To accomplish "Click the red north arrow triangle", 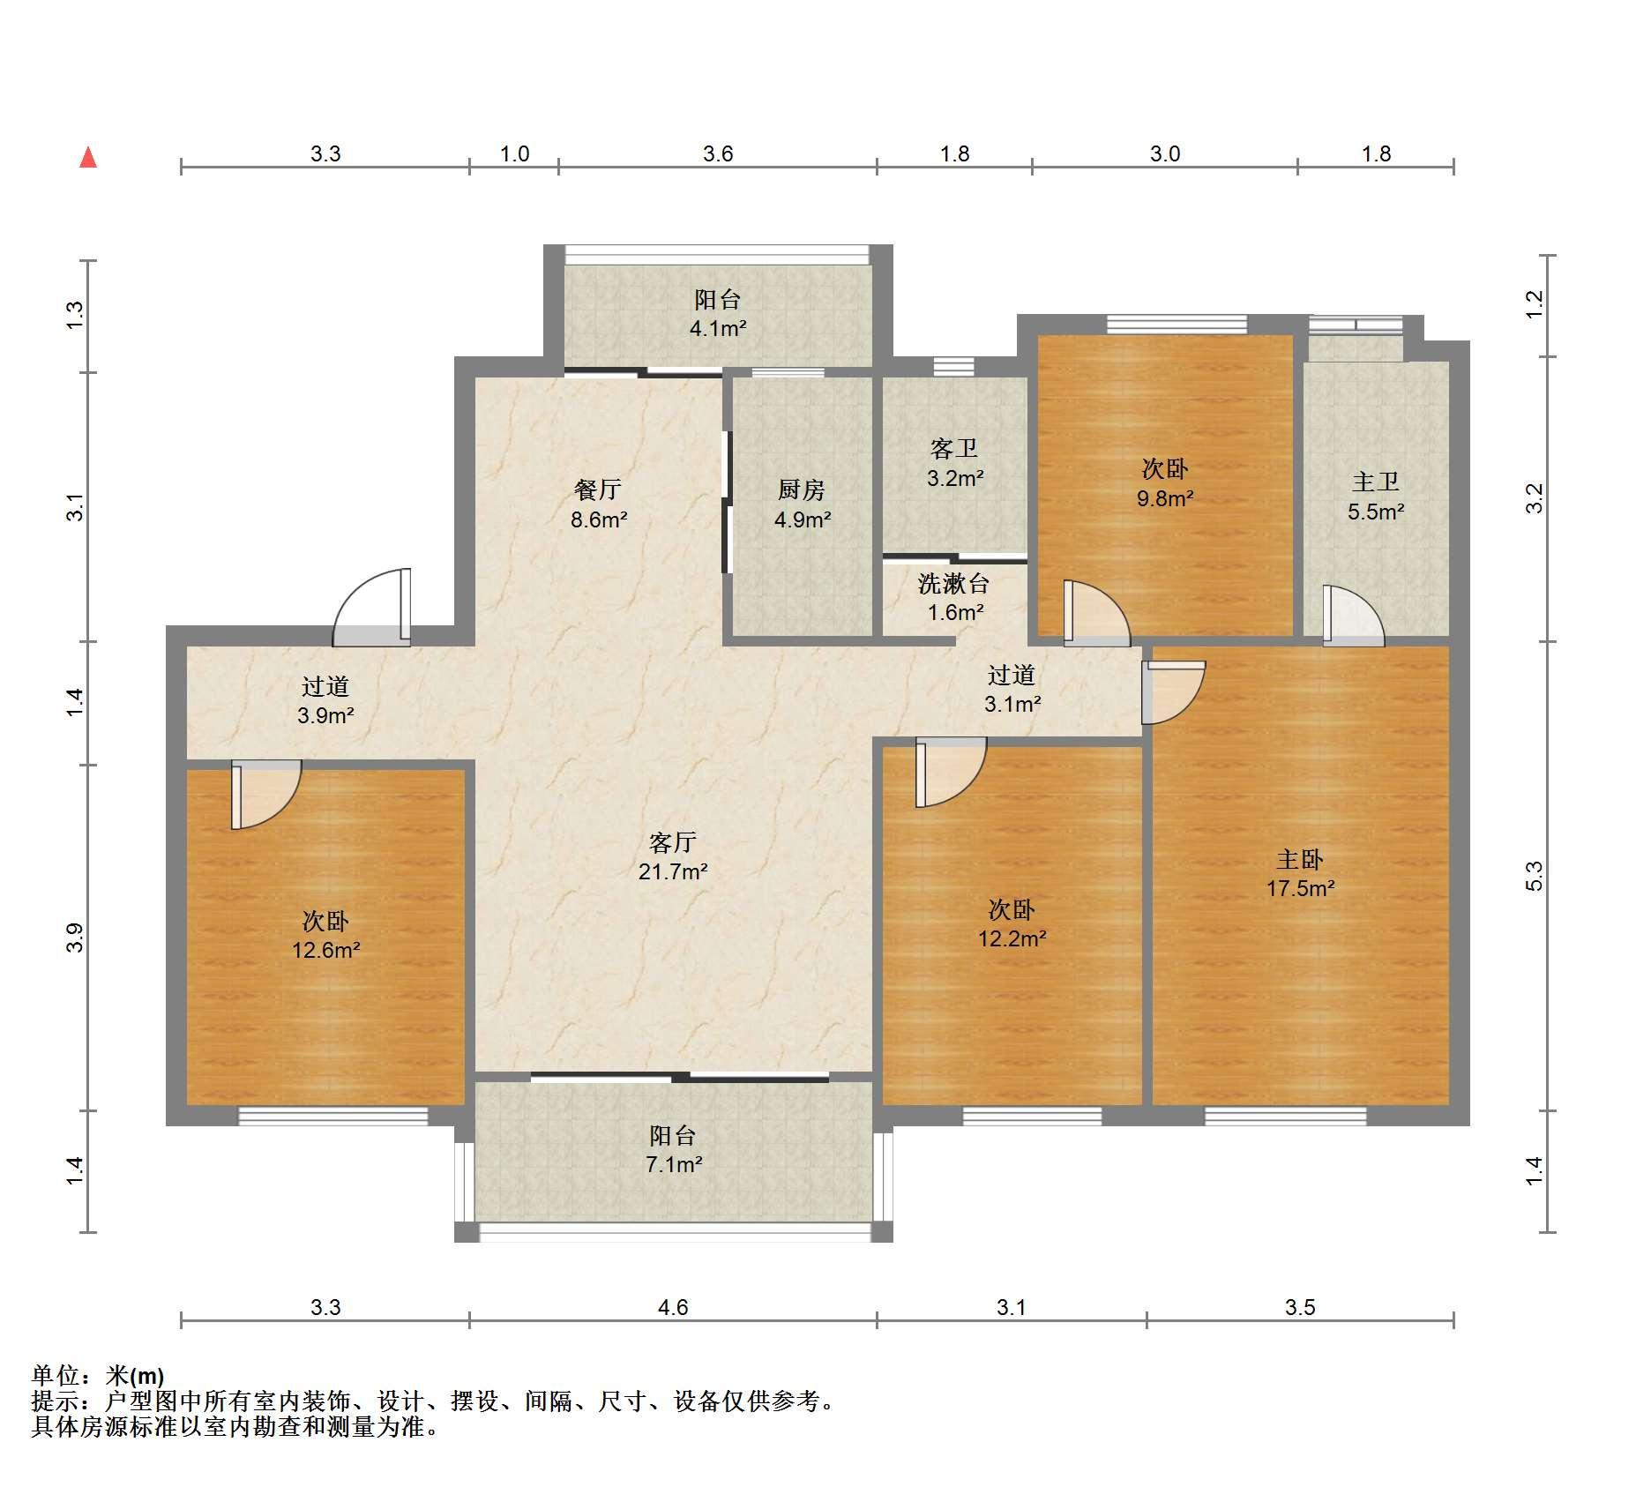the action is click(88, 157).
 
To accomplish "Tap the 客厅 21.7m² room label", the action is click(673, 856).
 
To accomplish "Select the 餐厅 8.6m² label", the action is click(599, 504).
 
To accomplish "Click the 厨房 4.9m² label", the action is click(802, 504).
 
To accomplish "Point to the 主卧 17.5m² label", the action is click(1300, 873).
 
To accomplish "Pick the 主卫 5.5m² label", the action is click(1376, 497).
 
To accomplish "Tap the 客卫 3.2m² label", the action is click(954, 463).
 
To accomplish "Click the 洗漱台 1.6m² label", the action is click(954, 597).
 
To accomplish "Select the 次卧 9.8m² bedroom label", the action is click(1165, 483).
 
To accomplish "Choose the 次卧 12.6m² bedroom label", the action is click(325, 936).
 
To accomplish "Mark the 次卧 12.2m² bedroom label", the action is click(1012, 923).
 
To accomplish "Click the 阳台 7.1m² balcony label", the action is click(674, 1149).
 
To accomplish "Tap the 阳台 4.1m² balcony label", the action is click(718, 314).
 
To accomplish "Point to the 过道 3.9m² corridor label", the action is click(325, 700).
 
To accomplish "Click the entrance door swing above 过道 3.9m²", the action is click(371, 608).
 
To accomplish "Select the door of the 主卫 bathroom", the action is click(1353, 616).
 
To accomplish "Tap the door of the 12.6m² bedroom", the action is click(266, 795).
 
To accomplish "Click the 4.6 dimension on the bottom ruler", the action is click(673, 1306).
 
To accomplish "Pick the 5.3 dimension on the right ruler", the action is click(1534, 876).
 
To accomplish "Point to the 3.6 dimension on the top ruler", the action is click(718, 153).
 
